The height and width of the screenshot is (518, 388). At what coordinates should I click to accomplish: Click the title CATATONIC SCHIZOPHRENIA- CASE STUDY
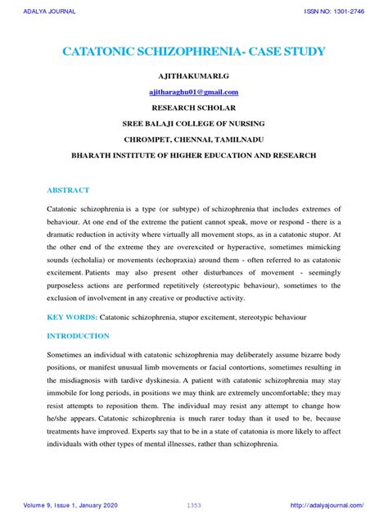point(193,52)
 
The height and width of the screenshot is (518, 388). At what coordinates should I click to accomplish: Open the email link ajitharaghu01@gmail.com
point(194,90)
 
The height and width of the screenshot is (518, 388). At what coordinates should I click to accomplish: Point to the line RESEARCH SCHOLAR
point(194,107)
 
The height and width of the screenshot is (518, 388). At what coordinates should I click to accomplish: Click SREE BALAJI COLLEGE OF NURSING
point(194,122)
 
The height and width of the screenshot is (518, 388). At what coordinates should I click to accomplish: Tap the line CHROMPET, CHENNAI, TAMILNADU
point(194,138)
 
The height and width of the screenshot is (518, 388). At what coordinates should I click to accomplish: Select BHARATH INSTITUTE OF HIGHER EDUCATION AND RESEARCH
point(194,153)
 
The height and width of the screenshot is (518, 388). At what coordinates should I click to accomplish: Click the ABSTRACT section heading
point(68,190)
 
